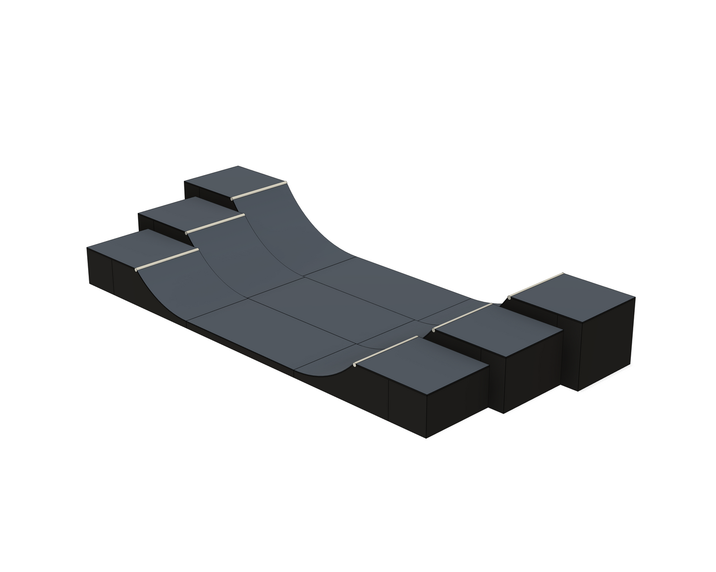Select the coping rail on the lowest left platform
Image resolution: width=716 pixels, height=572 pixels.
(x=166, y=259)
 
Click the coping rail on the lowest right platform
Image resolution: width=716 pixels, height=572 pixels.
(x=386, y=351)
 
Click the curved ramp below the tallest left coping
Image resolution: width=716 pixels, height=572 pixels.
(x=297, y=223)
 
